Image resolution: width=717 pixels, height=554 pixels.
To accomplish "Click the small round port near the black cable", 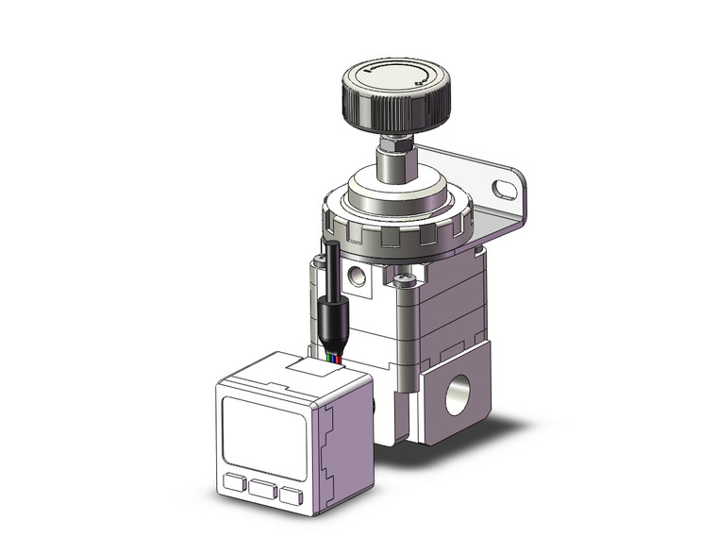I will tap(358, 276).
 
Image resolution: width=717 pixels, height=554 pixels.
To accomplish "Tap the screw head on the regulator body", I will tap(405, 279).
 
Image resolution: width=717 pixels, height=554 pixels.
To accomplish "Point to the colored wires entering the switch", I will tap(332, 359).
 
